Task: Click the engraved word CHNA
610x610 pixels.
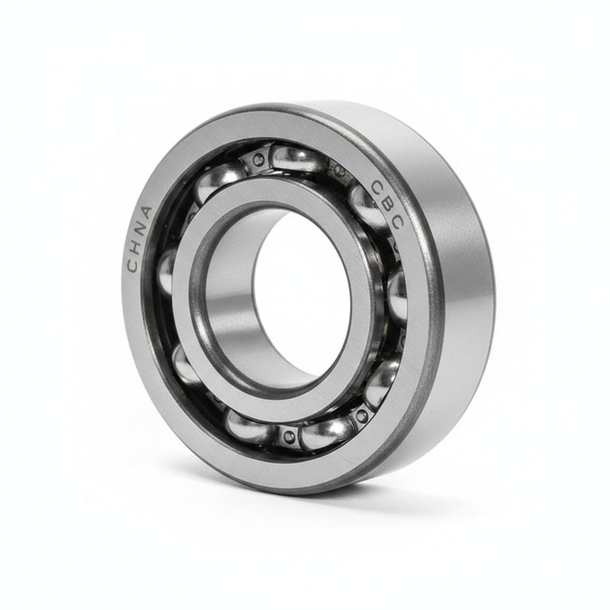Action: coord(139,239)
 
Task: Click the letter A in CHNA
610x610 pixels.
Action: coord(146,213)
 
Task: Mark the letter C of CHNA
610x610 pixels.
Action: coord(133,265)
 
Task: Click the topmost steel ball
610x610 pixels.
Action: coord(297,159)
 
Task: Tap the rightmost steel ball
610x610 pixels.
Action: coord(397,294)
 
